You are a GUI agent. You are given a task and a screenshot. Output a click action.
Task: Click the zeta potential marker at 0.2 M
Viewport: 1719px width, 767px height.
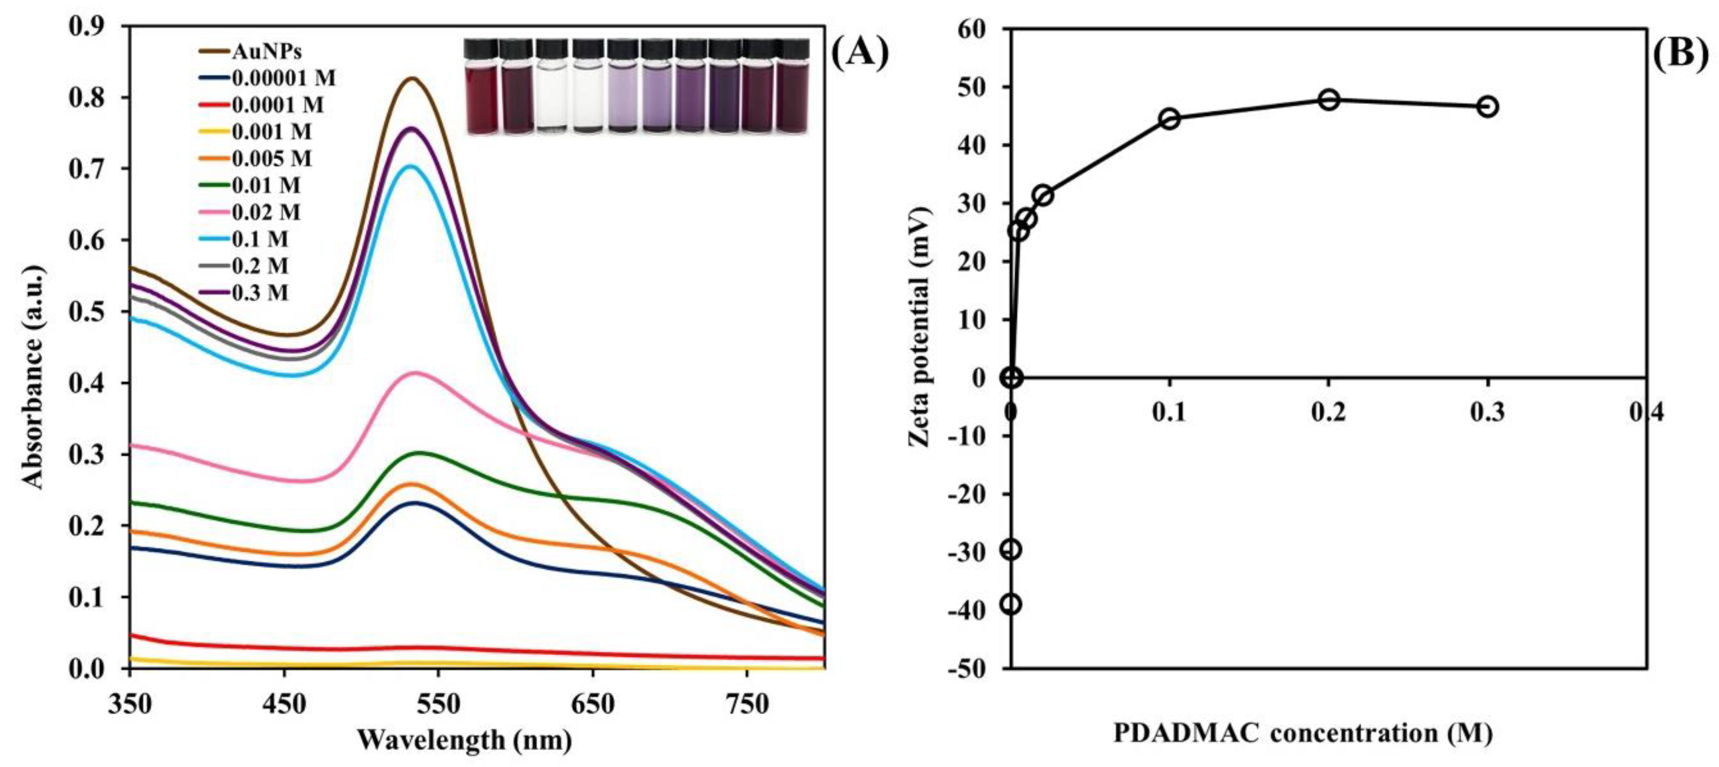[x=1329, y=99]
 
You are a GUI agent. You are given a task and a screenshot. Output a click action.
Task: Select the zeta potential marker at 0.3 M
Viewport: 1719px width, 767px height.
[x=1487, y=107]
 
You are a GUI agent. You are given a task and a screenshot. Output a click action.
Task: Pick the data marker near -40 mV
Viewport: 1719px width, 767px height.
[x=1011, y=604]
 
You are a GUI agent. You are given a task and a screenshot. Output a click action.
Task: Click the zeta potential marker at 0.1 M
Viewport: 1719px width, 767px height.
[x=1169, y=119]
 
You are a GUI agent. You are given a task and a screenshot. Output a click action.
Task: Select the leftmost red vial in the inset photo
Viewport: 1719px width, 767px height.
[x=481, y=86]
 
